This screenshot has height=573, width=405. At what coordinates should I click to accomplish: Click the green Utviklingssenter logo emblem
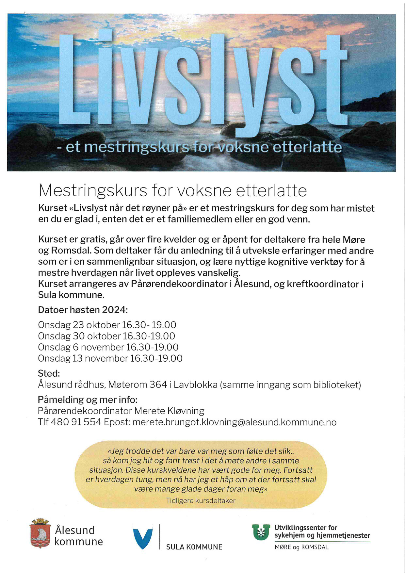(x=261, y=532)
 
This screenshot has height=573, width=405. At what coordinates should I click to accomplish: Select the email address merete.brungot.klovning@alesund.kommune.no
(x=234, y=422)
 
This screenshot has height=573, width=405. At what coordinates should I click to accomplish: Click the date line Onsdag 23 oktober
(x=79, y=325)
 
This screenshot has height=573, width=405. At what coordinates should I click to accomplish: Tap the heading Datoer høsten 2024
(x=83, y=310)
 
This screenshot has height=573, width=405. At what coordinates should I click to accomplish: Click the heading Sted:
(x=49, y=373)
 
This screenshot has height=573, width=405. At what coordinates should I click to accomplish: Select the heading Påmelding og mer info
(x=88, y=400)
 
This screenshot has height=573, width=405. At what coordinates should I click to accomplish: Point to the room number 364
(x=158, y=385)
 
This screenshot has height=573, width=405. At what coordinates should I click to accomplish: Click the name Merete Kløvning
(x=169, y=411)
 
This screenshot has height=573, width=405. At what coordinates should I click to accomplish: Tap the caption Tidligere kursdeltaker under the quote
(x=201, y=500)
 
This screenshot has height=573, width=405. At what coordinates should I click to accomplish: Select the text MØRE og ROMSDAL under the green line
(x=301, y=547)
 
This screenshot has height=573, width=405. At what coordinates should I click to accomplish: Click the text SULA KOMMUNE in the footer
(x=194, y=547)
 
